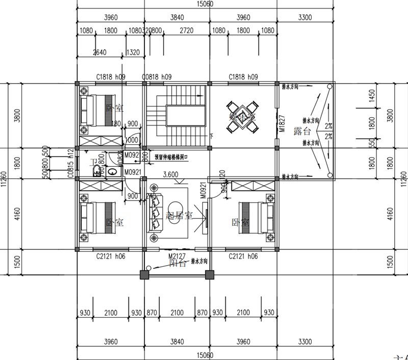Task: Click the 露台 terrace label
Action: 301,132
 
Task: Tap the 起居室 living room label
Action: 180,216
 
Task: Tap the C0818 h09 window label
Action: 157,77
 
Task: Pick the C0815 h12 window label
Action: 72,164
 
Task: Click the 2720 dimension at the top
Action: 187,31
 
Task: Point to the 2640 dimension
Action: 100,52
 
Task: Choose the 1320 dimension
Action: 133,52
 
